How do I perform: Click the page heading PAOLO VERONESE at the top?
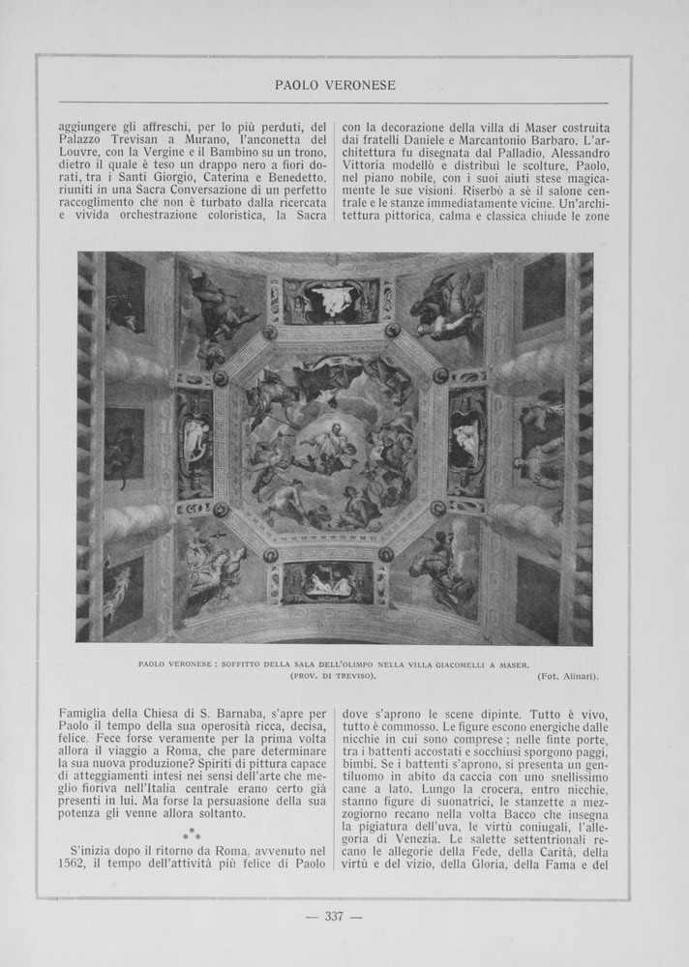pyautogui.click(x=335, y=85)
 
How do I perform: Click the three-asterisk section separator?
pyautogui.click(x=193, y=833)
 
